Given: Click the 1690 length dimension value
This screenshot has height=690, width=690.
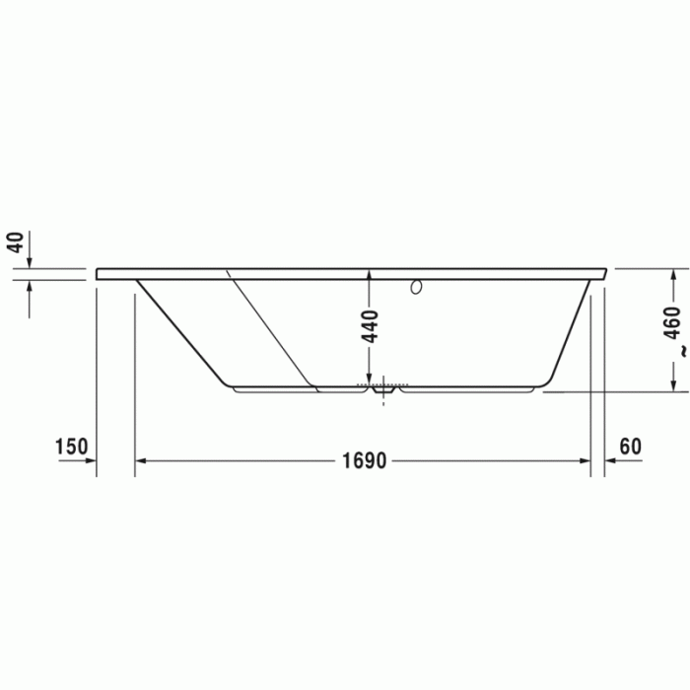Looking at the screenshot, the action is point(365,460).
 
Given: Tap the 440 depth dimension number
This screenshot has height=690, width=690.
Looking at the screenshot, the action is point(370,326).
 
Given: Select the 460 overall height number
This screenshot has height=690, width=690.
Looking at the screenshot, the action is point(672,323).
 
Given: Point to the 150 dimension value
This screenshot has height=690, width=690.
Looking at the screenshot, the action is point(71,447).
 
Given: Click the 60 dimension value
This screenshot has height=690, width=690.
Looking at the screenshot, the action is point(631,447).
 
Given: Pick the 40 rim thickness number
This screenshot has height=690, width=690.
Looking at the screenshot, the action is point(17,242).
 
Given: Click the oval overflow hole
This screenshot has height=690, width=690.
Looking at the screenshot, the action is point(416,287).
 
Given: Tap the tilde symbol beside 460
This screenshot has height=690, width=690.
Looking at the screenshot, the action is point(683,352).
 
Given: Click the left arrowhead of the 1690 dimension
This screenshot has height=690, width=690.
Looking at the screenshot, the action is point(140,460).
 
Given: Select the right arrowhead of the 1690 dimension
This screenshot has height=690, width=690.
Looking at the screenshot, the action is point(585,460).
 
